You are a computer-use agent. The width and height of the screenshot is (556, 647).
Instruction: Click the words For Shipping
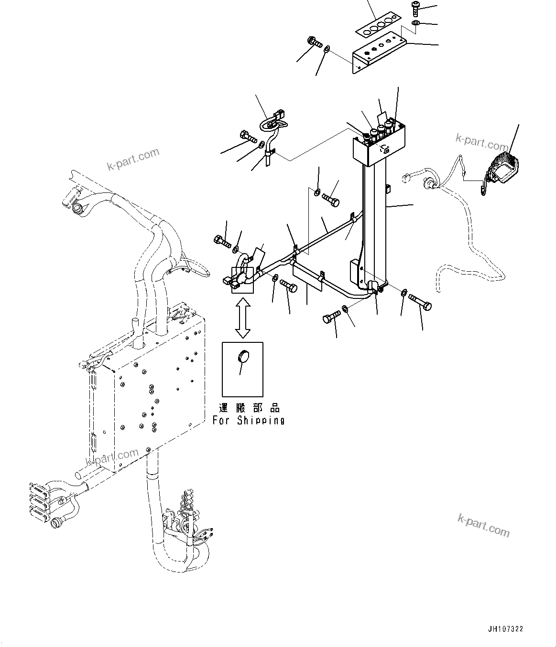click(248, 421)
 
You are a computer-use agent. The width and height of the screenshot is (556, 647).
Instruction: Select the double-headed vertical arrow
click(243, 318)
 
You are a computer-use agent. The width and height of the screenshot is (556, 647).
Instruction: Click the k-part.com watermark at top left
click(133, 160)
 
